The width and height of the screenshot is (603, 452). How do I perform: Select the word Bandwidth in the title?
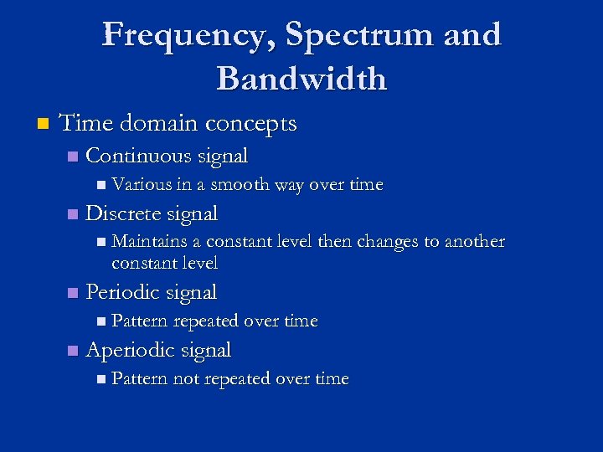(301, 79)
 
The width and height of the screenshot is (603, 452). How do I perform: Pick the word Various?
(138, 184)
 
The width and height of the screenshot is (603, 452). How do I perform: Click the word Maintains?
(150, 242)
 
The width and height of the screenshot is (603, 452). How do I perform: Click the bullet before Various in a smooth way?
(100, 185)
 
